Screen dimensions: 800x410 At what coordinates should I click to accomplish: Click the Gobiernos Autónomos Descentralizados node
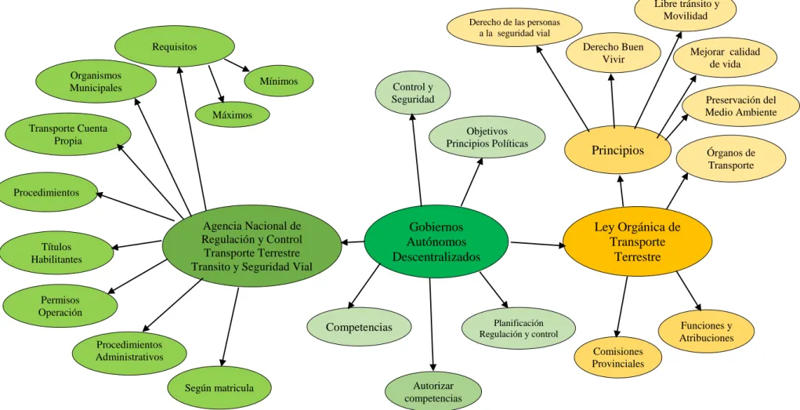tap(436, 241)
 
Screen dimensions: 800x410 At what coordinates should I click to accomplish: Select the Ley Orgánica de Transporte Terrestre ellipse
tap(637, 242)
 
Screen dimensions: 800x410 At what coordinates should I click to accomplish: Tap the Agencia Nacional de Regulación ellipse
tap(252, 245)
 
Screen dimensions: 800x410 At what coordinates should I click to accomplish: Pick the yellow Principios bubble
tap(618, 150)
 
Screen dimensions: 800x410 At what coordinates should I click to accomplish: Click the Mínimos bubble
tap(279, 81)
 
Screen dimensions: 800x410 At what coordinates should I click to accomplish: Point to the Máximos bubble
tap(233, 115)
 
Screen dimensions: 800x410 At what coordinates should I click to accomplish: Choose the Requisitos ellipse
tap(175, 47)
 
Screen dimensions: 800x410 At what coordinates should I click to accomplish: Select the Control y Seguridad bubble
tap(413, 93)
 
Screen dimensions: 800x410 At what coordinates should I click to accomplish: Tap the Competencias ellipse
tap(359, 327)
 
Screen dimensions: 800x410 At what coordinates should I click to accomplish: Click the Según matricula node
tap(219, 388)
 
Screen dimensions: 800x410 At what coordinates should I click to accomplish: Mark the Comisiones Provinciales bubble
tap(618, 357)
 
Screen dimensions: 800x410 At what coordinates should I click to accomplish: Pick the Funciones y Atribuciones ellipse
tap(707, 332)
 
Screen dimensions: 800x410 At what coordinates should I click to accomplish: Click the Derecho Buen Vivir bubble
tap(614, 53)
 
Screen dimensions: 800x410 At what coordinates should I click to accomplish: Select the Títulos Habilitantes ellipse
tap(56, 253)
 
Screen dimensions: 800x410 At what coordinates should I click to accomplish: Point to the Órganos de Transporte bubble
tap(731, 158)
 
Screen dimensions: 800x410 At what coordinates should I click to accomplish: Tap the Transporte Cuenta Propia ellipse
tap(68, 134)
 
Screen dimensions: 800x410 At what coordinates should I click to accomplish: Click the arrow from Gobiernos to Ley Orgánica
tap(538, 244)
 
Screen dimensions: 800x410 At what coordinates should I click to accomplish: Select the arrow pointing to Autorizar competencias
tap(432, 325)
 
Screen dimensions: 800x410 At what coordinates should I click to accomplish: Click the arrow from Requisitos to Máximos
tap(215, 84)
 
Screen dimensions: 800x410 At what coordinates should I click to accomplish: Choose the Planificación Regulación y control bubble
tap(519, 328)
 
